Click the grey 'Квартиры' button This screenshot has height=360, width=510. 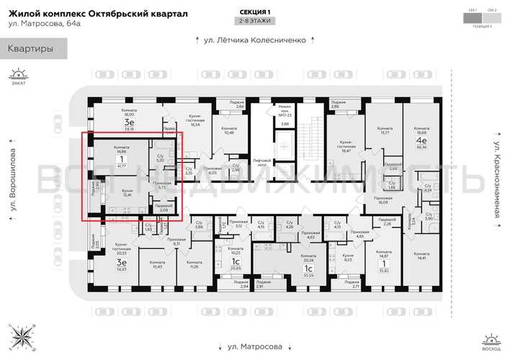33,49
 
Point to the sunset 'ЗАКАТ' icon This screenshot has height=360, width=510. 18,76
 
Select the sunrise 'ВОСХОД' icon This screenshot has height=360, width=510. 492,340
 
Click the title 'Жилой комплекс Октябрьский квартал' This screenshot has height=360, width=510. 98,14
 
